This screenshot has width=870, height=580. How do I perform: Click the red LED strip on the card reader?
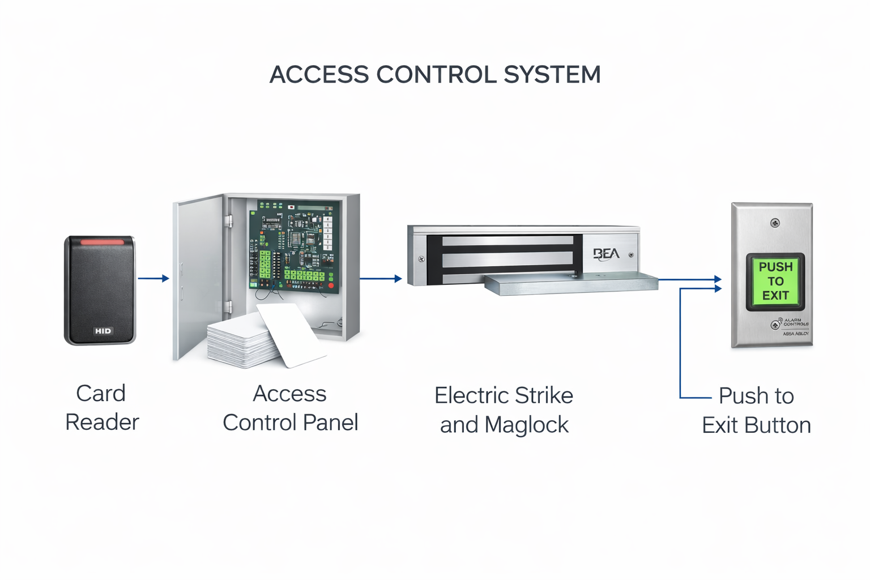[x=102, y=242]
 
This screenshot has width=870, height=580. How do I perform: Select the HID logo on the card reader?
[x=103, y=331]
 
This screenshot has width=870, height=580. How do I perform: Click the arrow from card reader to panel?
[x=153, y=278]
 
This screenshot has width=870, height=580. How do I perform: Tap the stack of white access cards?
[x=244, y=343]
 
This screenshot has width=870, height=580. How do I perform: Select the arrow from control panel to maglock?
[x=381, y=278]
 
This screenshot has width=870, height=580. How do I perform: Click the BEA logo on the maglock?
[x=606, y=254]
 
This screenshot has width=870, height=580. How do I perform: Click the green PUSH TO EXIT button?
[x=775, y=282]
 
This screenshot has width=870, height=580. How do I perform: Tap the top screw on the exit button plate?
[x=775, y=223]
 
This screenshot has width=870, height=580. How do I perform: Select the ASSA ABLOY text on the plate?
[x=796, y=334]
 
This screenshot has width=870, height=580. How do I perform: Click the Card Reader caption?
[x=101, y=408]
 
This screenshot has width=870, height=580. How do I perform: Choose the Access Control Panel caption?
[x=290, y=408]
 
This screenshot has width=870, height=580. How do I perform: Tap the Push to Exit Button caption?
[x=756, y=410]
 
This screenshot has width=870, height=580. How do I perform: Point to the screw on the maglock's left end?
[x=421, y=259]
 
